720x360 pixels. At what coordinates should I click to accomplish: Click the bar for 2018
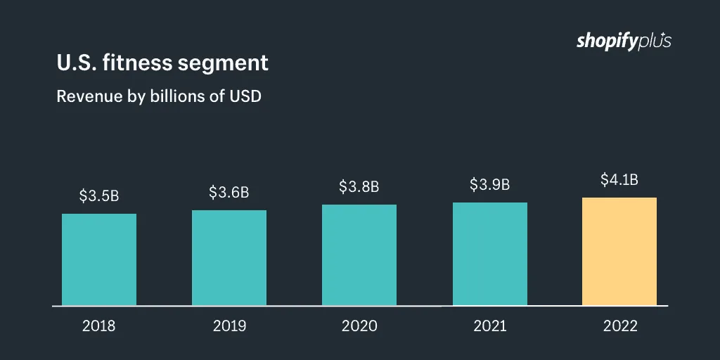[99, 259]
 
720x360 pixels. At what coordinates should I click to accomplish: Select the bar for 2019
[229, 258]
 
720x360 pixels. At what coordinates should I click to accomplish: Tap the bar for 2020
[359, 255]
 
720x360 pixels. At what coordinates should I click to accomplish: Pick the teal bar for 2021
[490, 254]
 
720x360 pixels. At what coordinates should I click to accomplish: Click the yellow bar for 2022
[619, 252]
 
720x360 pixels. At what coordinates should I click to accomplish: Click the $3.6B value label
[229, 193]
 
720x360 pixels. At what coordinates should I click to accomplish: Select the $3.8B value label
[359, 187]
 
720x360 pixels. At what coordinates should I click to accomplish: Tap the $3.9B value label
[490, 185]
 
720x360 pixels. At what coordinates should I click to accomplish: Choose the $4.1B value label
[619, 180]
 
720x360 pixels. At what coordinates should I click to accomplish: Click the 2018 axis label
[99, 326]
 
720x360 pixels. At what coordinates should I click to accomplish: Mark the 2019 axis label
[229, 326]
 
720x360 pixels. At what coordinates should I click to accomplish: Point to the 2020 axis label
[359, 326]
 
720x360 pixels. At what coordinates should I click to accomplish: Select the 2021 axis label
[490, 326]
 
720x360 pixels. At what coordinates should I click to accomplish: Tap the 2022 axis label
[619, 326]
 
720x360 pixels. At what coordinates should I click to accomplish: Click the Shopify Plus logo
[624, 41]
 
